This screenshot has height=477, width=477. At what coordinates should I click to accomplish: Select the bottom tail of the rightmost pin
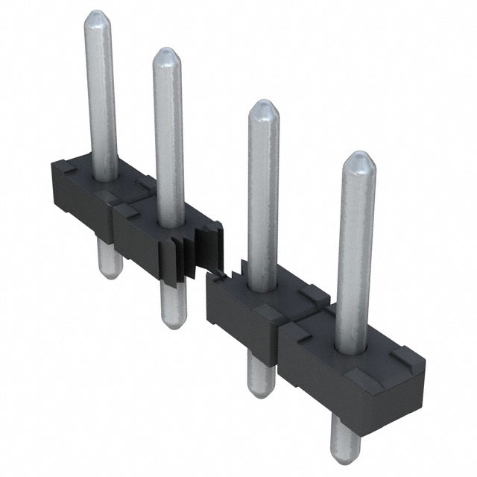click(344, 440)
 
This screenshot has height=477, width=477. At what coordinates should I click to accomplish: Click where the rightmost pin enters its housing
click(353, 347)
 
